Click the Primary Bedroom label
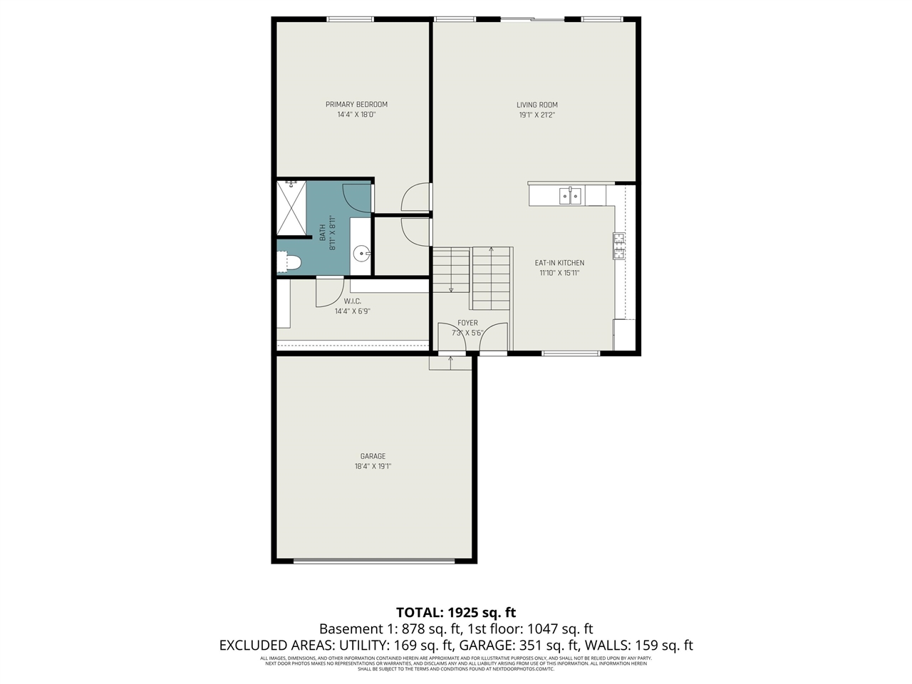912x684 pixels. [356, 105]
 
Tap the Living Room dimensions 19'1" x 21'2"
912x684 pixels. [537, 115]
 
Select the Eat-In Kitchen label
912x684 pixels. [559, 263]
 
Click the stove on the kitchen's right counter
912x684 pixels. [618, 245]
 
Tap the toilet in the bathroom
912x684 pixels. [291, 263]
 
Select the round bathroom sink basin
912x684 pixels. [361, 253]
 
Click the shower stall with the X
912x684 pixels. [291, 208]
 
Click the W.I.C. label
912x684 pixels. [352, 301]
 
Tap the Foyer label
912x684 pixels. [467, 323]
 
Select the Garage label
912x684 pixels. [373, 457]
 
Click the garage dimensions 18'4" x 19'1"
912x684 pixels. [373, 467]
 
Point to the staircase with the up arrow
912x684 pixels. [491, 278]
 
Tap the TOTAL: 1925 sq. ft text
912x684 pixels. [456, 612]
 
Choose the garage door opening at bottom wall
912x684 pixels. [374, 561]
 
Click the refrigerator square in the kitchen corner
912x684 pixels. [624, 335]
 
